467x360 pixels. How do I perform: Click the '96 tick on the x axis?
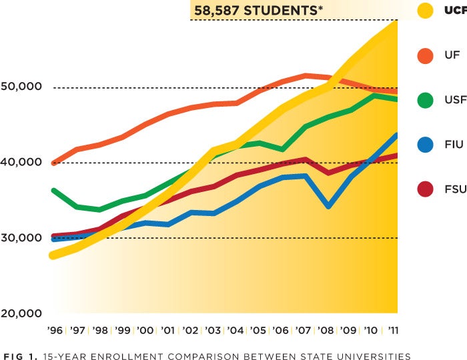[x=55, y=330]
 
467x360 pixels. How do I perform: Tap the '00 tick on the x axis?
[x=144, y=330]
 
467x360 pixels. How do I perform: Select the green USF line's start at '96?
[x=53, y=191]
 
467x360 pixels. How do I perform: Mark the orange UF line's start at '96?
[x=53, y=163]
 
